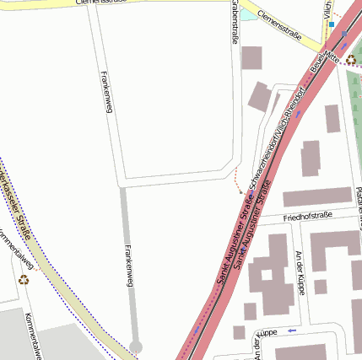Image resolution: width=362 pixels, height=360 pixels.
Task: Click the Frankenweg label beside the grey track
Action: pyautogui.click(x=129, y=266)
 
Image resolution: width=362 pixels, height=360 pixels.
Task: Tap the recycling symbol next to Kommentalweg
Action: pyautogui.click(x=23, y=279)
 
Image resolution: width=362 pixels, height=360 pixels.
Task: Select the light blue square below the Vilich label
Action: pyautogui.click(x=332, y=25)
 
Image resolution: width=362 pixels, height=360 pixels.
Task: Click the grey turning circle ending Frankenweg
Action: pyautogui.click(x=136, y=347)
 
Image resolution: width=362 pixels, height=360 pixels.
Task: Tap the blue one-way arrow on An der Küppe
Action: pyautogui.click(x=292, y=330)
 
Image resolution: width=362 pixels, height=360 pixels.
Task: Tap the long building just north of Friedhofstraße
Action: pyautogui.click(x=316, y=197)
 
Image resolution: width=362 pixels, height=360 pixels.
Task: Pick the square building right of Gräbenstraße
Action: pyautogui.click(x=251, y=57)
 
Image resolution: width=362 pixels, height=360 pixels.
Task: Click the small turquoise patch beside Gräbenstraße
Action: pyautogui.click(x=246, y=13)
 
